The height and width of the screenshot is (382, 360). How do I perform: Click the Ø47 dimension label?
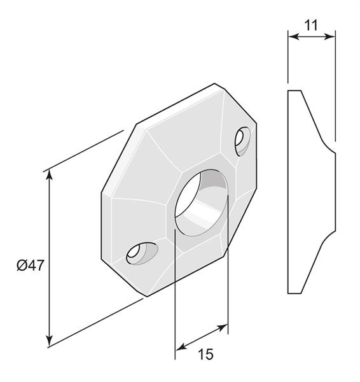click(30, 265)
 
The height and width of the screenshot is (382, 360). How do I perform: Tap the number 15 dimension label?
click(205, 354)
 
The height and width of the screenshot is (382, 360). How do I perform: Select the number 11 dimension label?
click(311, 25)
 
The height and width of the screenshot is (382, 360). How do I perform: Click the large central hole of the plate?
click(201, 202)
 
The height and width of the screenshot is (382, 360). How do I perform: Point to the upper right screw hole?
click(242, 141)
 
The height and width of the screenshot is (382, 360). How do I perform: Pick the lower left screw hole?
click(142, 253)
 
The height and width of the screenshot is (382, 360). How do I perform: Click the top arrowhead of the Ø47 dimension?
click(50, 175)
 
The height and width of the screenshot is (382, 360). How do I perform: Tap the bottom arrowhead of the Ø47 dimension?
click(50, 341)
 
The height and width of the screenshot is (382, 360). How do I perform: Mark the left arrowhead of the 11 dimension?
click(293, 37)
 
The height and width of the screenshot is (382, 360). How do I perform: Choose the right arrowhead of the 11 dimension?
click(330, 37)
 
